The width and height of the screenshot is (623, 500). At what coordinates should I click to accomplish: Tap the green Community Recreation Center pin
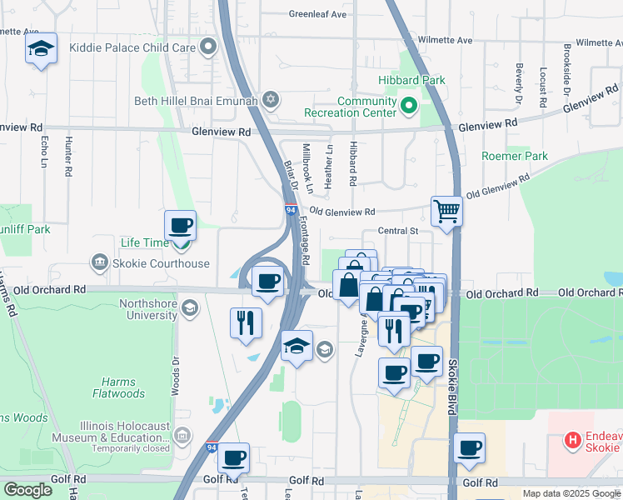click(x=408, y=106)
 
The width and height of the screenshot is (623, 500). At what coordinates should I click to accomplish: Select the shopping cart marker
click(x=446, y=212)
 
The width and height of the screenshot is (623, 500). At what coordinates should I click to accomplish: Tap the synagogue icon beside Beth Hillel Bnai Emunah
click(x=269, y=101)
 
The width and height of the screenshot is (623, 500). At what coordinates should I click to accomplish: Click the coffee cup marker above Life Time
click(x=180, y=225)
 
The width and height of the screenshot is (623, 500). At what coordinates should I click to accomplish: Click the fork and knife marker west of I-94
click(x=246, y=322)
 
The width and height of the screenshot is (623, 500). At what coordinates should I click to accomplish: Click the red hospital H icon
click(x=572, y=439)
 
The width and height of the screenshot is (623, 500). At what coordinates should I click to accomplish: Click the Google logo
click(x=28, y=490)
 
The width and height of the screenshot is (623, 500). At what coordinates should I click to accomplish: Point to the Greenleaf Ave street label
click(x=316, y=14)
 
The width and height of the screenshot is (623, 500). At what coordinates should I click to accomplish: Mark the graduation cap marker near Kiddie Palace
click(x=40, y=49)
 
